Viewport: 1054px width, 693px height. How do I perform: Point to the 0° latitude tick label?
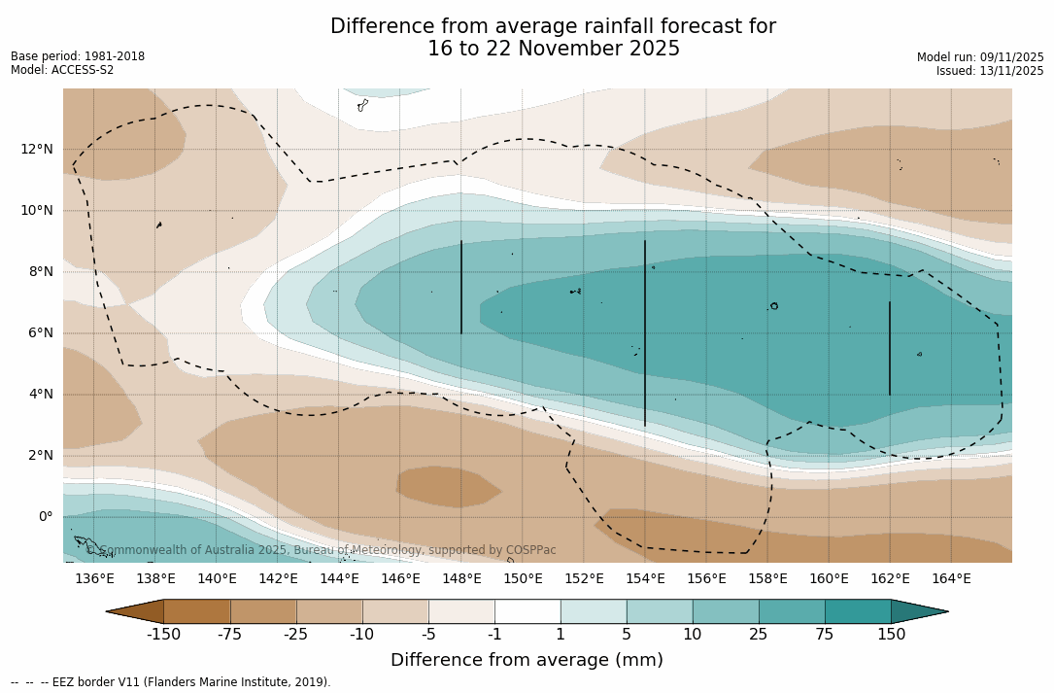(x=46, y=516)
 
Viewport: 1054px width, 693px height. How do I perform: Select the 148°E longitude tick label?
(x=461, y=578)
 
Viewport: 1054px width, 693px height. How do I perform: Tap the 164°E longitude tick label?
(x=951, y=578)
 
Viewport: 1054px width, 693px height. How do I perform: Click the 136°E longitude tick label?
(x=94, y=578)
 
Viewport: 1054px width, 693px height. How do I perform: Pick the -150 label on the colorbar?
(x=163, y=635)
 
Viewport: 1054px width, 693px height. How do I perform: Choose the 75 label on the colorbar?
(x=825, y=635)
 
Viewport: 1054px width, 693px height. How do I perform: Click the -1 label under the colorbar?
(x=494, y=635)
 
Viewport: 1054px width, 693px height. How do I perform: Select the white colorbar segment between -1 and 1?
(x=527, y=611)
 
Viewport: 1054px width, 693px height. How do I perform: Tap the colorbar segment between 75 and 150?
(x=858, y=611)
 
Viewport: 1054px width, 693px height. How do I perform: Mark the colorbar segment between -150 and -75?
(x=197, y=611)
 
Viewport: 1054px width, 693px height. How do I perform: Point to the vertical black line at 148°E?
(x=461, y=288)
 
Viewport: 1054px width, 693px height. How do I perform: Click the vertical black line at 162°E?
(x=890, y=348)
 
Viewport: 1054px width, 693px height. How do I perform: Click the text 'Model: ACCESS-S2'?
(x=62, y=70)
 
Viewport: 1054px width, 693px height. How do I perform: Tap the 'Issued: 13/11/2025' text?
(x=990, y=71)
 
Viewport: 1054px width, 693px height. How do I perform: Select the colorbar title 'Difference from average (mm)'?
(x=527, y=661)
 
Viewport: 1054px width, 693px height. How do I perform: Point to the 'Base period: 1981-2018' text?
(x=78, y=56)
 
